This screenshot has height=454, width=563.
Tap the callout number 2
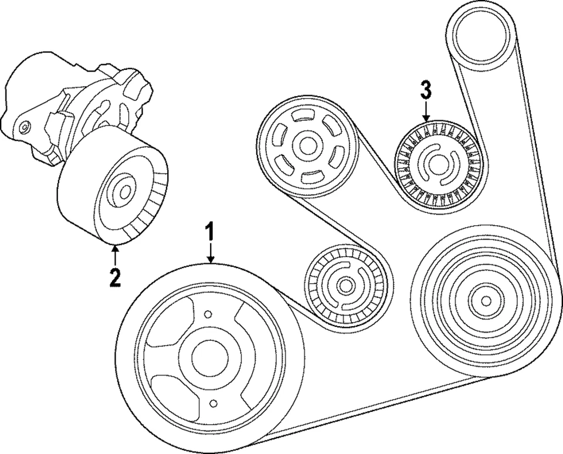tap(115, 276)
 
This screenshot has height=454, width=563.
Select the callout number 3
tap(426, 90)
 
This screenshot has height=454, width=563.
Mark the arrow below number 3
tap(426, 111)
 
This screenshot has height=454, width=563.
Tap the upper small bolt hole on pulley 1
tap(208, 315)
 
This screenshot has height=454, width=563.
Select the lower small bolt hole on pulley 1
tap(213, 403)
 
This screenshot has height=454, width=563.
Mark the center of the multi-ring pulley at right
tap(485, 300)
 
